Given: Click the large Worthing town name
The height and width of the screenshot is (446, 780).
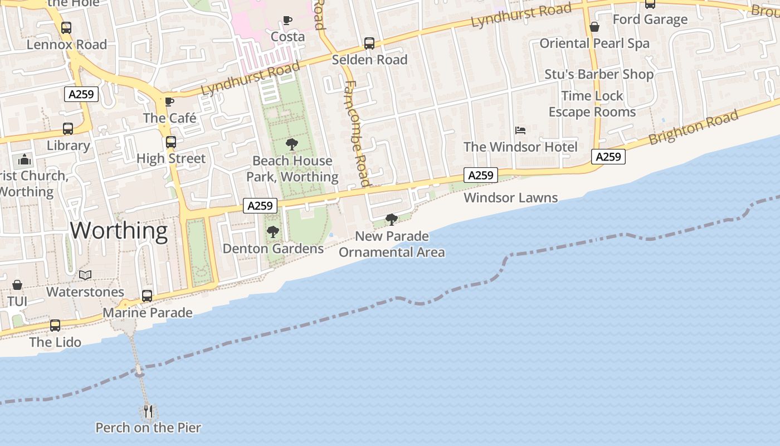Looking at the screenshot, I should pyautogui.click(x=119, y=230).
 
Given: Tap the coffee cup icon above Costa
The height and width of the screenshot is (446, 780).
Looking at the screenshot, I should pyautogui.click(x=287, y=21).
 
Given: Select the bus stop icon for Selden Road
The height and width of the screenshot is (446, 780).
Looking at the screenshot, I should pyautogui.click(x=369, y=43).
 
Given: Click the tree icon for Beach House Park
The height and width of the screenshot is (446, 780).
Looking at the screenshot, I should pyautogui.click(x=291, y=145).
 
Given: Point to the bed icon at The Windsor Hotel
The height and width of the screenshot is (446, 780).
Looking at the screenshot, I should pyautogui.click(x=520, y=130).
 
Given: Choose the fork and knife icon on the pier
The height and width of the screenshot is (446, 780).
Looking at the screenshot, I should pyautogui.click(x=148, y=411).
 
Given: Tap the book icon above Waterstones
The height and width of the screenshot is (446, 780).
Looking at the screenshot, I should pyautogui.click(x=85, y=275).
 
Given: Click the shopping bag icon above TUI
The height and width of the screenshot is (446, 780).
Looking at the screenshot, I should pyautogui.click(x=17, y=285).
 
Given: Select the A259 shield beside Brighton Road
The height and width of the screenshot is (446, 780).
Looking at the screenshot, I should pyautogui.click(x=608, y=157).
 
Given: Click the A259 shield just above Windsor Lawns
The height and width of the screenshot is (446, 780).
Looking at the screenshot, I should pyautogui.click(x=480, y=176).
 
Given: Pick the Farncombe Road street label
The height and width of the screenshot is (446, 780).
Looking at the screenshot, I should pyautogui.click(x=357, y=134).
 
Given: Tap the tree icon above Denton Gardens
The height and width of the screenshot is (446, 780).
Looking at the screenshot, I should pyautogui.click(x=272, y=232).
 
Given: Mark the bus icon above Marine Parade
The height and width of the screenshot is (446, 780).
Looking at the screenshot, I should pyautogui.click(x=147, y=296).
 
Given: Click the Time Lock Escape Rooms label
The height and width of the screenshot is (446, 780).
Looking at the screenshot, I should pyautogui.click(x=592, y=104).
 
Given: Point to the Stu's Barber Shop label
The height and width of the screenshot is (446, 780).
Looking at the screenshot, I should pyautogui.click(x=599, y=74).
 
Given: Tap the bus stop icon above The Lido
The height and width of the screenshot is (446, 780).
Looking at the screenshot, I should pyautogui.click(x=55, y=326).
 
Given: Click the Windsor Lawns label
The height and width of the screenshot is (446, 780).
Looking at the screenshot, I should pyautogui.click(x=510, y=198).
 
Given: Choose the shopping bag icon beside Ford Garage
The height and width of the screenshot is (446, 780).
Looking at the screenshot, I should pyautogui.click(x=594, y=27).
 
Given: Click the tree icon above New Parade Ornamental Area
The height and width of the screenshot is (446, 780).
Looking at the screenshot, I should pyautogui.click(x=392, y=220).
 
